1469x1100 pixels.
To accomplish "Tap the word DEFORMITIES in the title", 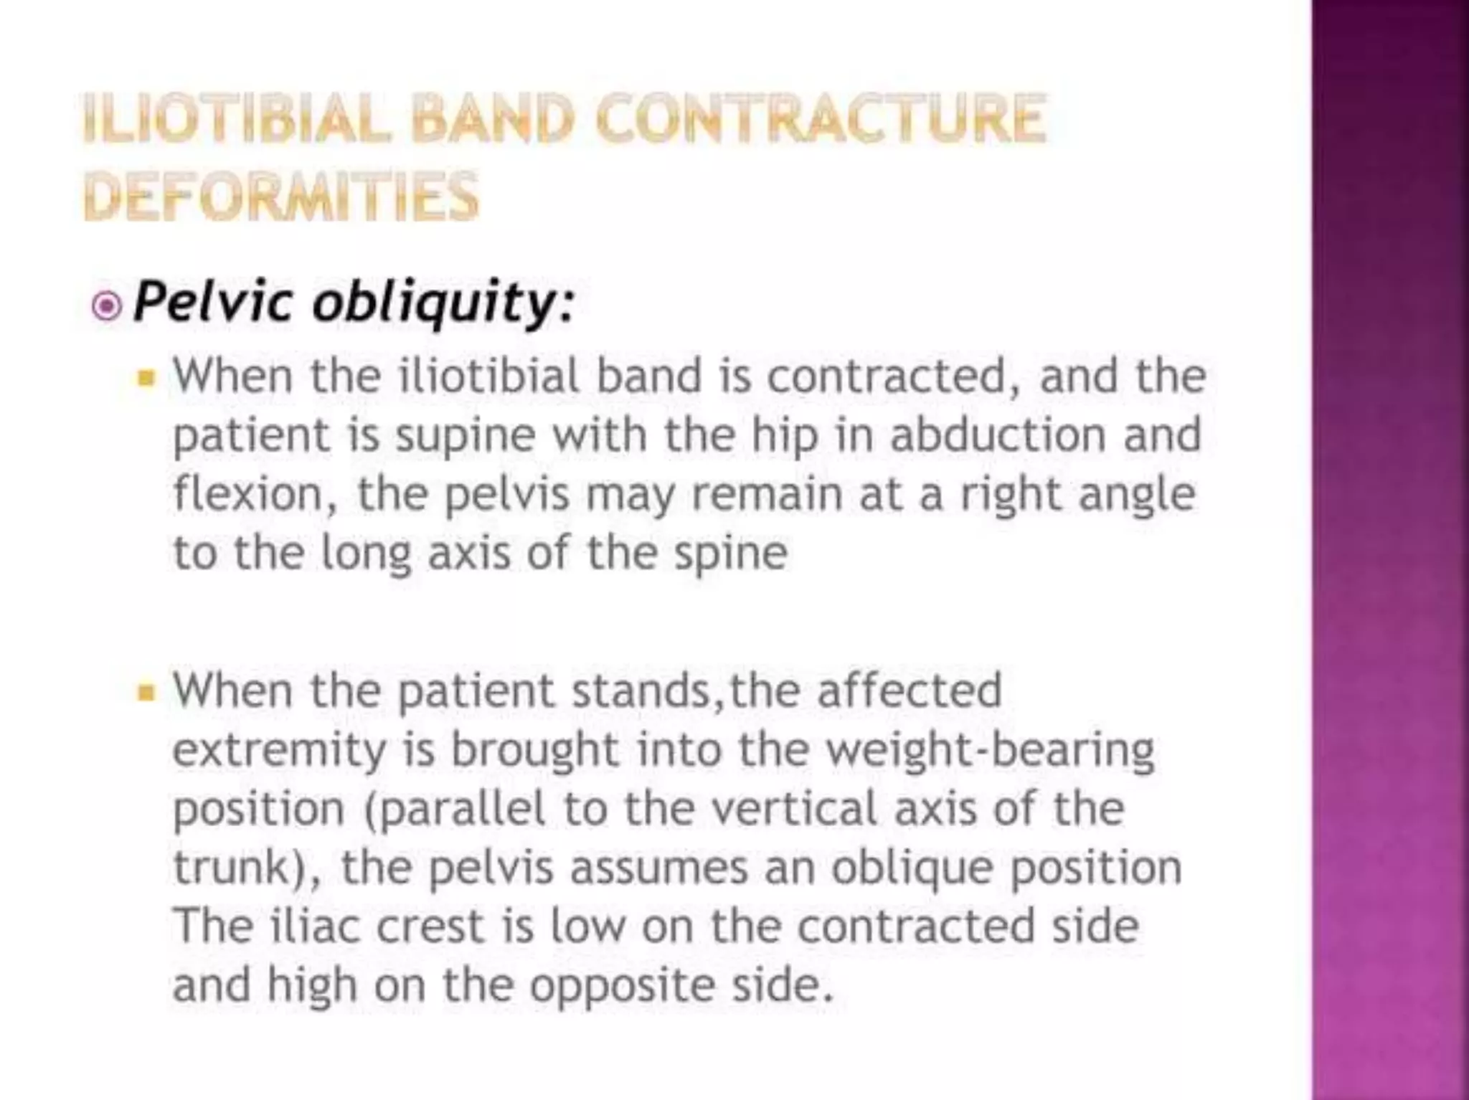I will [280, 196].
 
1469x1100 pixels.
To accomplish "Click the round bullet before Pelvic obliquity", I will [107, 307].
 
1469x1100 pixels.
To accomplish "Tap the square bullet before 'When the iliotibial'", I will [146, 377].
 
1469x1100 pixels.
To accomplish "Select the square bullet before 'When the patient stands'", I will [146, 692].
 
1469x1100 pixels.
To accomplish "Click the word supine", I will [466, 436].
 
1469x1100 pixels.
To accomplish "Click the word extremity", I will [280, 751].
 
